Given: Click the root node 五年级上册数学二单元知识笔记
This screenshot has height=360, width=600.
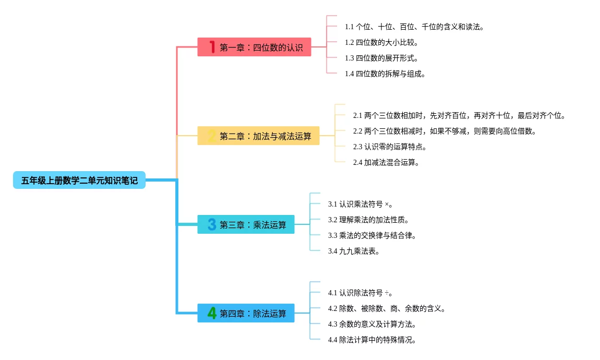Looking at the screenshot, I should [79, 181].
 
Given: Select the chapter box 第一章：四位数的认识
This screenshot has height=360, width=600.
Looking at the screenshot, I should [254, 47].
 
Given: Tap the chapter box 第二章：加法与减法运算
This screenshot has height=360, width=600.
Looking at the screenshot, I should [258, 136].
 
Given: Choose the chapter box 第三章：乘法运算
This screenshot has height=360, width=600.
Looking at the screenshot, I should [246, 225].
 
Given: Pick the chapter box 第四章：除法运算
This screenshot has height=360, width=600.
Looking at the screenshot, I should [246, 314].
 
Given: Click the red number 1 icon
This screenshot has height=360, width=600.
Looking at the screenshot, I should [212, 47].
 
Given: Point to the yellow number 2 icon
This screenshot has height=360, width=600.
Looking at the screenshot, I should [211, 136].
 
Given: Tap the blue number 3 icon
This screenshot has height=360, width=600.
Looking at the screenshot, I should [212, 225].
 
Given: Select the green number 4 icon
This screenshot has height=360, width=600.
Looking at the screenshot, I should [212, 314].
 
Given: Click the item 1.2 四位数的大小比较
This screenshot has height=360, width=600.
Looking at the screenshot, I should [381, 42].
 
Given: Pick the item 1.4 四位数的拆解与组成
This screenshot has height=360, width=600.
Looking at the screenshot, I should [385, 74].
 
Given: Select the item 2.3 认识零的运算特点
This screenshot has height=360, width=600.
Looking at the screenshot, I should [390, 147].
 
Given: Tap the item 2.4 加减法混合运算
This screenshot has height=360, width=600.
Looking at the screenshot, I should [386, 162].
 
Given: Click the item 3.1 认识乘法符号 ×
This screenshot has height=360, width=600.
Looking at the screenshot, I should [361, 204].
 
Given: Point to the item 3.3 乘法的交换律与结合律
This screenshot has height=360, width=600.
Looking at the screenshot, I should [372, 235].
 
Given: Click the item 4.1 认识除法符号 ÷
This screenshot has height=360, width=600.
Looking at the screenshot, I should [361, 293].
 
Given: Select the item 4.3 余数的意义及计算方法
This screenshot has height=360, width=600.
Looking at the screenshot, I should [372, 324].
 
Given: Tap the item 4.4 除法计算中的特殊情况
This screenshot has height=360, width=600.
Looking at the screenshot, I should [372, 340].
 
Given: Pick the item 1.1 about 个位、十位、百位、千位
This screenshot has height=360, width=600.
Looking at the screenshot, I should [414, 27].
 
